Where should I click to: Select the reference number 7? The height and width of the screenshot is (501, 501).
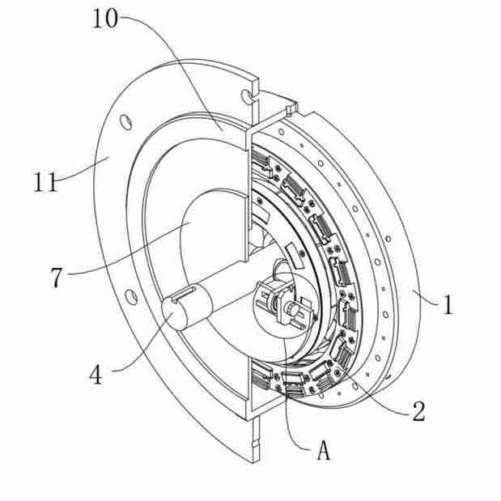coord(56,278)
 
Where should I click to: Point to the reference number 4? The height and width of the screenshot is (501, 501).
coord(96,376)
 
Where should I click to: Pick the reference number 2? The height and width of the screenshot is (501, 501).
coord(418,411)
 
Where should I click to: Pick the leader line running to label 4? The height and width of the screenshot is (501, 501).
coord(138,348)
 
